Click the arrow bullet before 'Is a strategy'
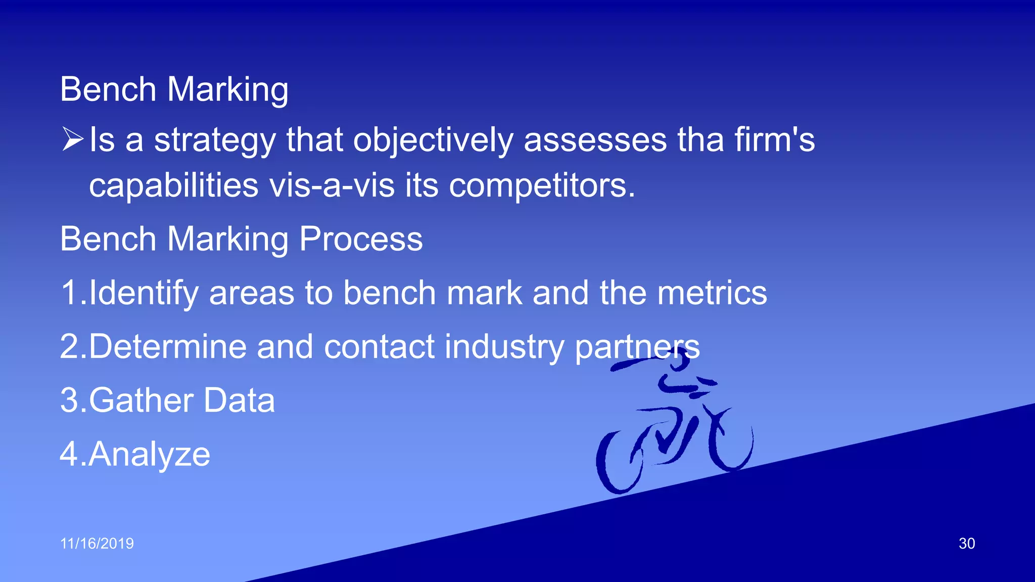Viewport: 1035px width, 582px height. coord(72,139)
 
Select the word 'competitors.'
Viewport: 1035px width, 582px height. coord(541,185)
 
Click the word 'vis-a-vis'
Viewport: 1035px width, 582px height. coord(332,185)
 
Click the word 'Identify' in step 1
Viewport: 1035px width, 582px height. coord(143,293)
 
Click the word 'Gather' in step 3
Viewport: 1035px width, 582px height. coord(142,400)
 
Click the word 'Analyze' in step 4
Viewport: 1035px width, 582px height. coord(149,454)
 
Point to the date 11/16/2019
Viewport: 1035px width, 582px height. coord(97,544)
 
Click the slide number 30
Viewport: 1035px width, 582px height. coord(966,544)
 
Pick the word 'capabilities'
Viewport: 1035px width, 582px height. coord(174,185)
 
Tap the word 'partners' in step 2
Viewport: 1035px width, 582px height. coord(637,348)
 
